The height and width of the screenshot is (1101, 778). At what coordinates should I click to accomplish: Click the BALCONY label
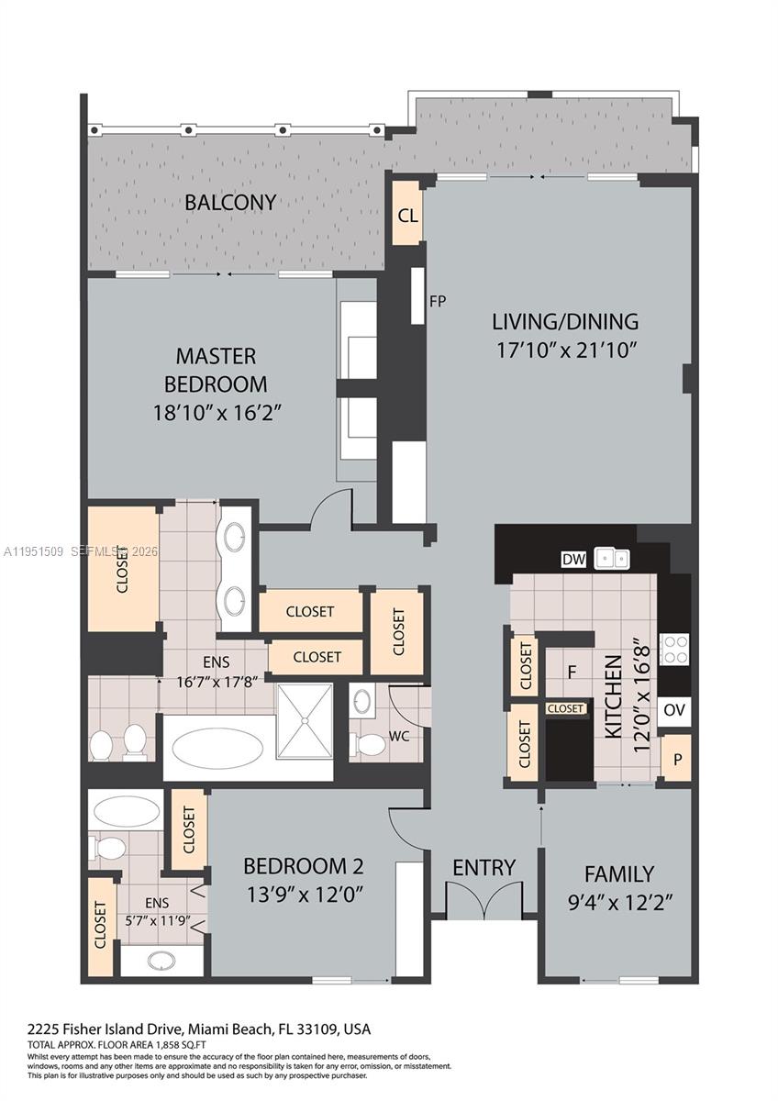[230, 202]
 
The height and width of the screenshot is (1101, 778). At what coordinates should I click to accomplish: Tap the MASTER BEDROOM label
[217, 369]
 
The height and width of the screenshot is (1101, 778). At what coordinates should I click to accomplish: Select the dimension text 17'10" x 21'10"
[564, 350]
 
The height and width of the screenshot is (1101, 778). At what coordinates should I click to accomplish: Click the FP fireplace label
[438, 300]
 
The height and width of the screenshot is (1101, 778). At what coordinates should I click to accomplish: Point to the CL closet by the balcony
[407, 216]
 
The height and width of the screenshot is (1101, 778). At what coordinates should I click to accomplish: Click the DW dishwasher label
[572, 559]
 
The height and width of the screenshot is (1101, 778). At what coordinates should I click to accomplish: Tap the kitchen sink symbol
[611, 558]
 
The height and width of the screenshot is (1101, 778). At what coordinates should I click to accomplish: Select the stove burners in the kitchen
[675, 650]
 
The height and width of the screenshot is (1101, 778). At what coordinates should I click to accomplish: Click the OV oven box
[674, 710]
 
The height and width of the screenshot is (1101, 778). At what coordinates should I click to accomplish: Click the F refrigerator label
[571, 673]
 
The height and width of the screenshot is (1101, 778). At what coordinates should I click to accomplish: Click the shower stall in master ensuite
[305, 721]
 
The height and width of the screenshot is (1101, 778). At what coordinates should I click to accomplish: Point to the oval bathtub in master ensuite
[218, 748]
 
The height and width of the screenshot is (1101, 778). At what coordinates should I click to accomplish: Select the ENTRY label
[483, 867]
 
